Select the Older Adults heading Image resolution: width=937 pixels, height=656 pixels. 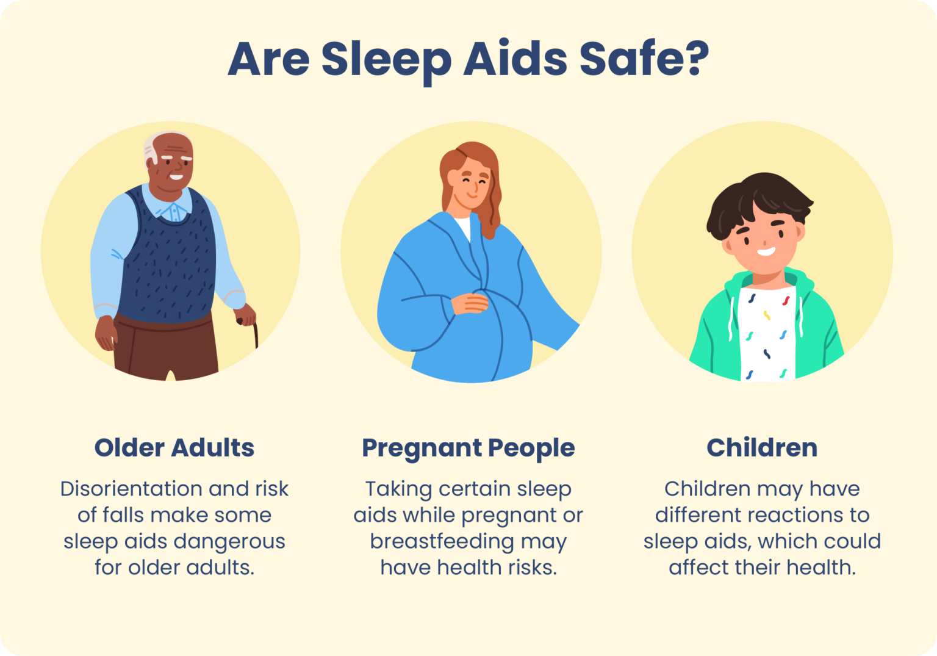coord(174,448)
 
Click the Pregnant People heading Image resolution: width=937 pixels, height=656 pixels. coord(468,448)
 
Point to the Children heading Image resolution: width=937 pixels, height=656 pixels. coord(762,448)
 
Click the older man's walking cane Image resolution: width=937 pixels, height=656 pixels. coord(256,333)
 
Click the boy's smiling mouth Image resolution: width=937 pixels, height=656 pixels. coord(766,251)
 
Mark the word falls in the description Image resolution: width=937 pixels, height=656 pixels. coord(124,515)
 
